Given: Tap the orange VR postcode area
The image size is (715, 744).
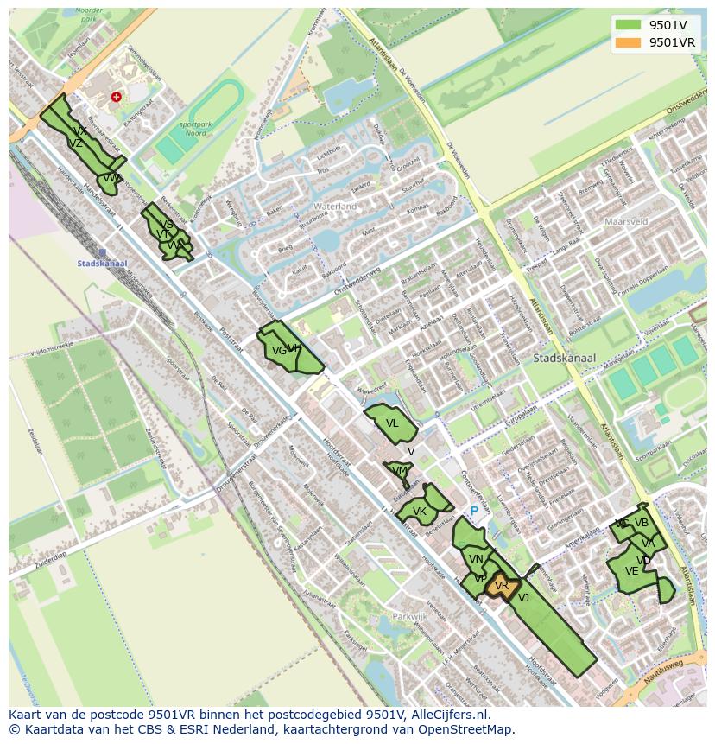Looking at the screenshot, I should (502, 587).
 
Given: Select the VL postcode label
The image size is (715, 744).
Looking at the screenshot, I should (392, 423).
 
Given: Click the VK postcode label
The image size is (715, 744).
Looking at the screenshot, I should (420, 512).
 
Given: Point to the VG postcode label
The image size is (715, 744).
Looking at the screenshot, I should (278, 351).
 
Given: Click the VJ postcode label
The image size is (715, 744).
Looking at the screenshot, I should (523, 596).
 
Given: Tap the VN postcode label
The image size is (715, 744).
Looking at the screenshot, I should (476, 559).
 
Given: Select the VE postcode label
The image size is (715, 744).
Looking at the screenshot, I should (631, 571).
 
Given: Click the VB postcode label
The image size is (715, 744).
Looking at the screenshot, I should (641, 523).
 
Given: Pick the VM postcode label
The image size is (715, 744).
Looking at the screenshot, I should (399, 470).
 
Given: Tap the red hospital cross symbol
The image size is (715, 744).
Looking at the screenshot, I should (116, 98).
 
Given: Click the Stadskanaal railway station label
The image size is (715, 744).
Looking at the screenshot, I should (102, 264).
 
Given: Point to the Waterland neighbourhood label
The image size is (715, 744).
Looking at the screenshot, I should (335, 207).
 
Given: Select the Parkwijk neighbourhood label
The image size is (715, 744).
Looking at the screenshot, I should (409, 617).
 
